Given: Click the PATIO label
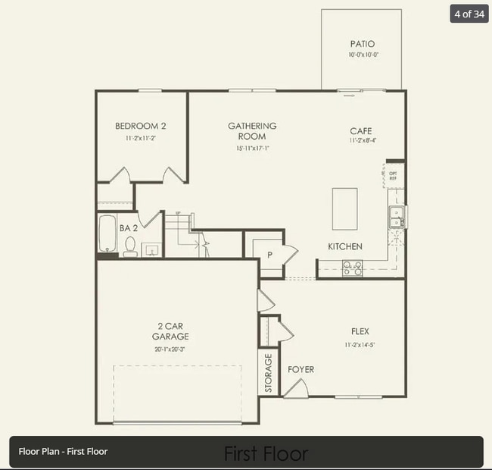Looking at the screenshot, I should coord(362,44).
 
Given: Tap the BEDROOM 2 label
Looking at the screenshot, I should coord(140,126).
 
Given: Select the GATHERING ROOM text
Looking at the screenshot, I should coord(252,131).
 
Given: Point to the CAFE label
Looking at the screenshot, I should coord(361,131).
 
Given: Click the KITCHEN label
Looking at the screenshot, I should coord(344,246).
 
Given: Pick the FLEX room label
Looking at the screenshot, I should coord(360,331).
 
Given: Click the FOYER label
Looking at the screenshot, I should coord(300,370).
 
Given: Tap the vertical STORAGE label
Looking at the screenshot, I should coord(268,374).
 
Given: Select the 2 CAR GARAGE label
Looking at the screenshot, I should coord(170,331).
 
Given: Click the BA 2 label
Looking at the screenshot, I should coord(129,227).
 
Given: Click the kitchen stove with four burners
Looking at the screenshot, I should coord(352,268).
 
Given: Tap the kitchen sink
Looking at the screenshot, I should coord(396,218).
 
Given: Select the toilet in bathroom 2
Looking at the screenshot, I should coord(129,246).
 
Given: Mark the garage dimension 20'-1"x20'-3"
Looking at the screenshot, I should coord(170,349).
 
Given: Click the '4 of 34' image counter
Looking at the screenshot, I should coord(469,14).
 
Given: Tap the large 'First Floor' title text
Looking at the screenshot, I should coord(266,453).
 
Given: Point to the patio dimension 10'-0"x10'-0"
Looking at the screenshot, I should coord(362,55).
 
